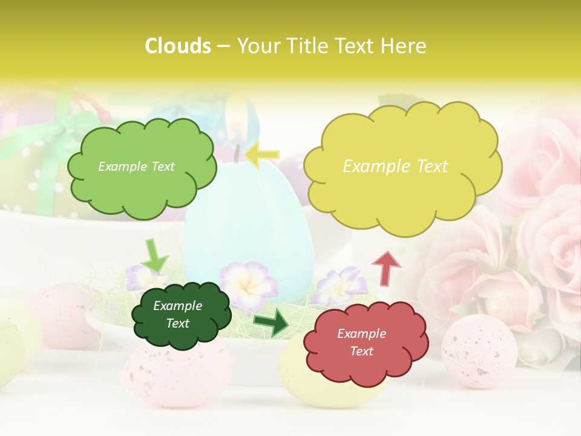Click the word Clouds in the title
pos(177,46)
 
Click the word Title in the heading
pos(309,46)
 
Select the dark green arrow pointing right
pos(272,322)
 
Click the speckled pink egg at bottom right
pos(479,351)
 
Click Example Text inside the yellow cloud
pos(395,167)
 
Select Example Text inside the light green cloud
pos(136,167)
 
